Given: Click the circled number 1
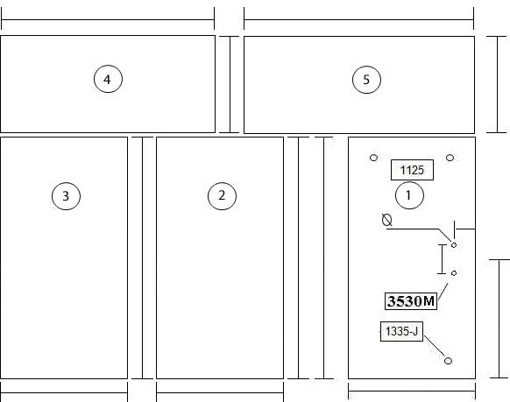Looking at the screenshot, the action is (x=409, y=195).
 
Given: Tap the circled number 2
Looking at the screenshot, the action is (x=222, y=196).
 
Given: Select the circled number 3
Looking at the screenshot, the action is (x=66, y=196).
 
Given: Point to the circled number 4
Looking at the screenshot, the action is (x=108, y=79).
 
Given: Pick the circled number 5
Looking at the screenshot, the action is (x=366, y=80).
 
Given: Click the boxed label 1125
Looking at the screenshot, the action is (x=412, y=170).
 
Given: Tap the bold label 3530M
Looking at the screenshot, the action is (x=411, y=301).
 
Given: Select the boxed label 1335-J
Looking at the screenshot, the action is (x=401, y=331).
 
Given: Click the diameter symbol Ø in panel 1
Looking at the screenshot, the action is (x=387, y=220).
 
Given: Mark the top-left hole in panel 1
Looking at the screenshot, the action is (x=373, y=158).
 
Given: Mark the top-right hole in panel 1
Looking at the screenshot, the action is (x=450, y=158).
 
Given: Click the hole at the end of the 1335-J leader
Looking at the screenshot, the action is (x=448, y=361).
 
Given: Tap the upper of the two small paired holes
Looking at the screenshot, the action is (x=454, y=245).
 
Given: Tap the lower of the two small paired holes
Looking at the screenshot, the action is (x=454, y=273).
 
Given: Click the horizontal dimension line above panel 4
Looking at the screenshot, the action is (x=108, y=19).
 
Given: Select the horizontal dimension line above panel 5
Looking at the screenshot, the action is (x=358, y=19).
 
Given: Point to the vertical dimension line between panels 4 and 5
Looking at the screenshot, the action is (x=230, y=84).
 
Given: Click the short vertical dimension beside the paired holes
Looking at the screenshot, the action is (x=442, y=259).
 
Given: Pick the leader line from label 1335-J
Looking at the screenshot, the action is (x=435, y=346).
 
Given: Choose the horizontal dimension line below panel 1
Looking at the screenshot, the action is (x=412, y=391).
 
